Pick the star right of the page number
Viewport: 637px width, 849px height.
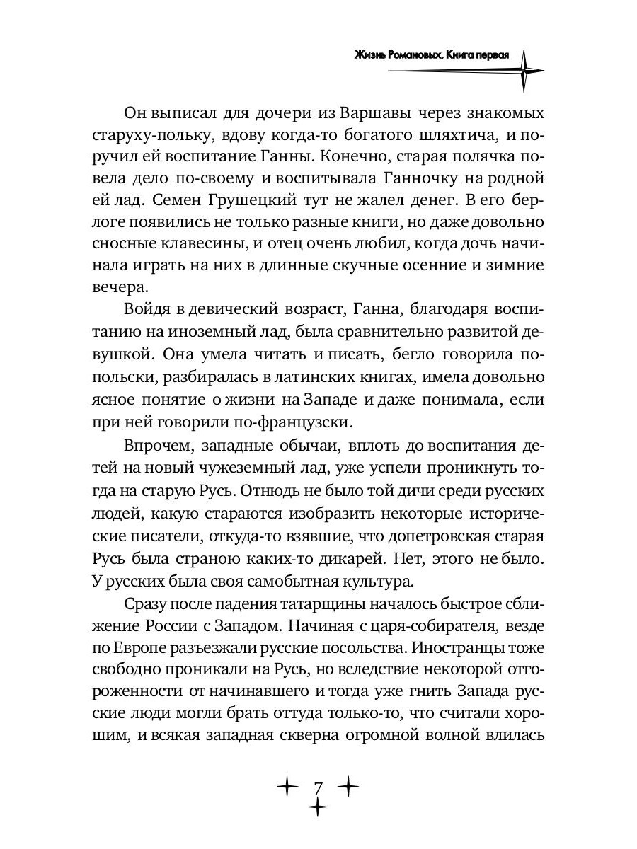pyautogui.click(x=349, y=785)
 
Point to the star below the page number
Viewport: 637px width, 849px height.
pyautogui.click(x=318, y=807)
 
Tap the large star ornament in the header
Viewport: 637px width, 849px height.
pyautogui.click(x=524, y=69)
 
